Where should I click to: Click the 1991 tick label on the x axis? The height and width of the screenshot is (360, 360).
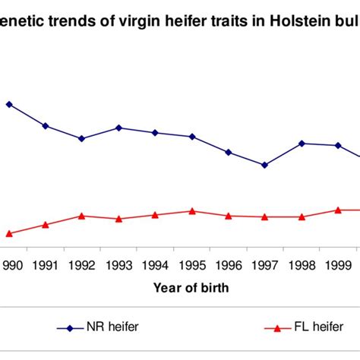(x=46, y=265)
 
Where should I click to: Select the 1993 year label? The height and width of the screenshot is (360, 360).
(x=119, y=265)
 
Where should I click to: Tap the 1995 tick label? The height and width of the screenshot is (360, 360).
(x=192, y=265)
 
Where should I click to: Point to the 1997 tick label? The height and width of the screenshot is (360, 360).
(x=265, y=265)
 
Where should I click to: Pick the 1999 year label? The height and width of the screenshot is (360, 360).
(x=339, y=265)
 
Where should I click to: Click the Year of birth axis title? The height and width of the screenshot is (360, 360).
(x=191, y=288)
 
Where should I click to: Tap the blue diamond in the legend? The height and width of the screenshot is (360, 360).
(x=70, y=328)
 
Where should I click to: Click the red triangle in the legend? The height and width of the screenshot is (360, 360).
(x=277, y=328)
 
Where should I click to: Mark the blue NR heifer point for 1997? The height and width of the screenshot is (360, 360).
(x=264, y=165)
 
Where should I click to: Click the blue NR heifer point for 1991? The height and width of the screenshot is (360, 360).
(x=46, y=125)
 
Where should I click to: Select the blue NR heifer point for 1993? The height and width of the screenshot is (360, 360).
(x=119, y=128)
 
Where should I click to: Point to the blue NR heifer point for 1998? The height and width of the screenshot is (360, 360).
(x=302, y=143)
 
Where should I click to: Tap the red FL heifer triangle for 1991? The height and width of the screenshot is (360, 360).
(x=46, y=224)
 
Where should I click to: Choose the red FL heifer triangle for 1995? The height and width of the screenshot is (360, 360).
(x=192, y=210)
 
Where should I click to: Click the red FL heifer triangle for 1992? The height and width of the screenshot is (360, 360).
(x=82, y=216)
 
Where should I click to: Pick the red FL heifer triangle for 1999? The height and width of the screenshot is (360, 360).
(x=339, y=210)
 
